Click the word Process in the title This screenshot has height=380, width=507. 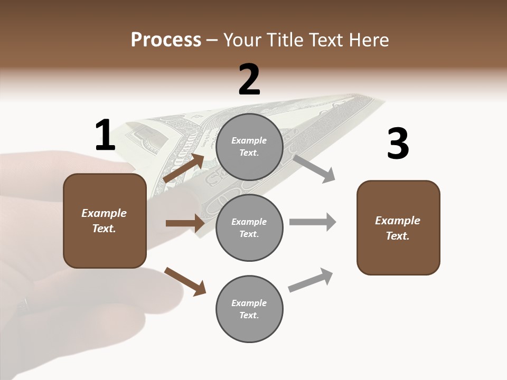[166, 40]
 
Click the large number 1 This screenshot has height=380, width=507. [105, 136]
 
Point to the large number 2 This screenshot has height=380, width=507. [249, 80]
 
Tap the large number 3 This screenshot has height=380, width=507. [398, 144]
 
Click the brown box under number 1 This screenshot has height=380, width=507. [105, 221]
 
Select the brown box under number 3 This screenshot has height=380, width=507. [398, 228]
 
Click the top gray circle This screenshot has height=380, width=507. [249, 147]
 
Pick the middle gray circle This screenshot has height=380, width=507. [249, 228]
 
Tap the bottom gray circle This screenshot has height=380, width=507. [249, 309]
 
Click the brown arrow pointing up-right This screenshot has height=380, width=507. [184, 168]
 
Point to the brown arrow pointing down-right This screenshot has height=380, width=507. [185, 281]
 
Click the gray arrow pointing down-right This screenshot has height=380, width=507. [314, 168]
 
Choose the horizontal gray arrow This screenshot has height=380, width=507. [313, 222]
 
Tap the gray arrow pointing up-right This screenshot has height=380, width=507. [311, 280]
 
